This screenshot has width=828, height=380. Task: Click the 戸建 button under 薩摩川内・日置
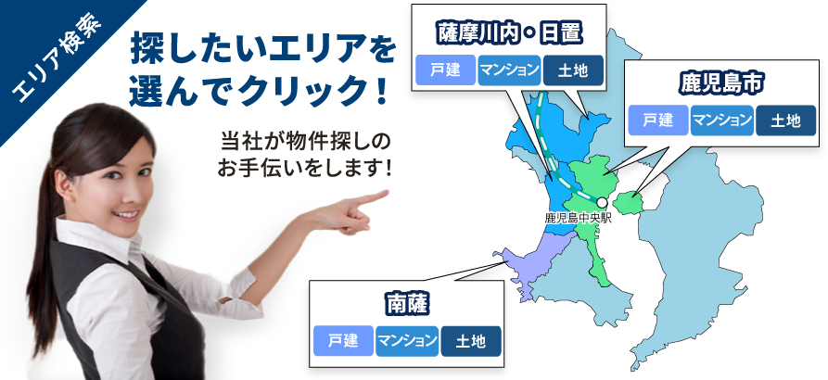click(446, 70)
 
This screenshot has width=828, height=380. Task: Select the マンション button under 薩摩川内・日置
click(510, 70)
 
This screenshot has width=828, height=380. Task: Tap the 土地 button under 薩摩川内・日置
click(573, 70)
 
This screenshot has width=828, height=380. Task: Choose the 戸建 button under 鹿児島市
click(658, 120)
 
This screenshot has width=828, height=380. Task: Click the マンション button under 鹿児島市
click(722, 120)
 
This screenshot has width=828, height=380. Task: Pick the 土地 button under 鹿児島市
click(785, 120)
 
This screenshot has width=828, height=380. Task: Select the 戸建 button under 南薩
click(343, 341)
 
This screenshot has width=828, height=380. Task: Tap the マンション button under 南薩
click(407, 341)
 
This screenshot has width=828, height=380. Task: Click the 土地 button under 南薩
click(471, 341)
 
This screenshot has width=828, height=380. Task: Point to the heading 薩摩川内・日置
click(509, 33)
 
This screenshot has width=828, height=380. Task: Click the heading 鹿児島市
click(722, 84)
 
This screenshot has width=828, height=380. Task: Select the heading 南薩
click(407, 304)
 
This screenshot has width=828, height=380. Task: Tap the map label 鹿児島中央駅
click(578, 218)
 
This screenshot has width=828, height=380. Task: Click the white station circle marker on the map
click(602, 202)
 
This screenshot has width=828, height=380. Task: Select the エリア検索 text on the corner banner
click(57, 59)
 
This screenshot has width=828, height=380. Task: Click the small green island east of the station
click(629, 203)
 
